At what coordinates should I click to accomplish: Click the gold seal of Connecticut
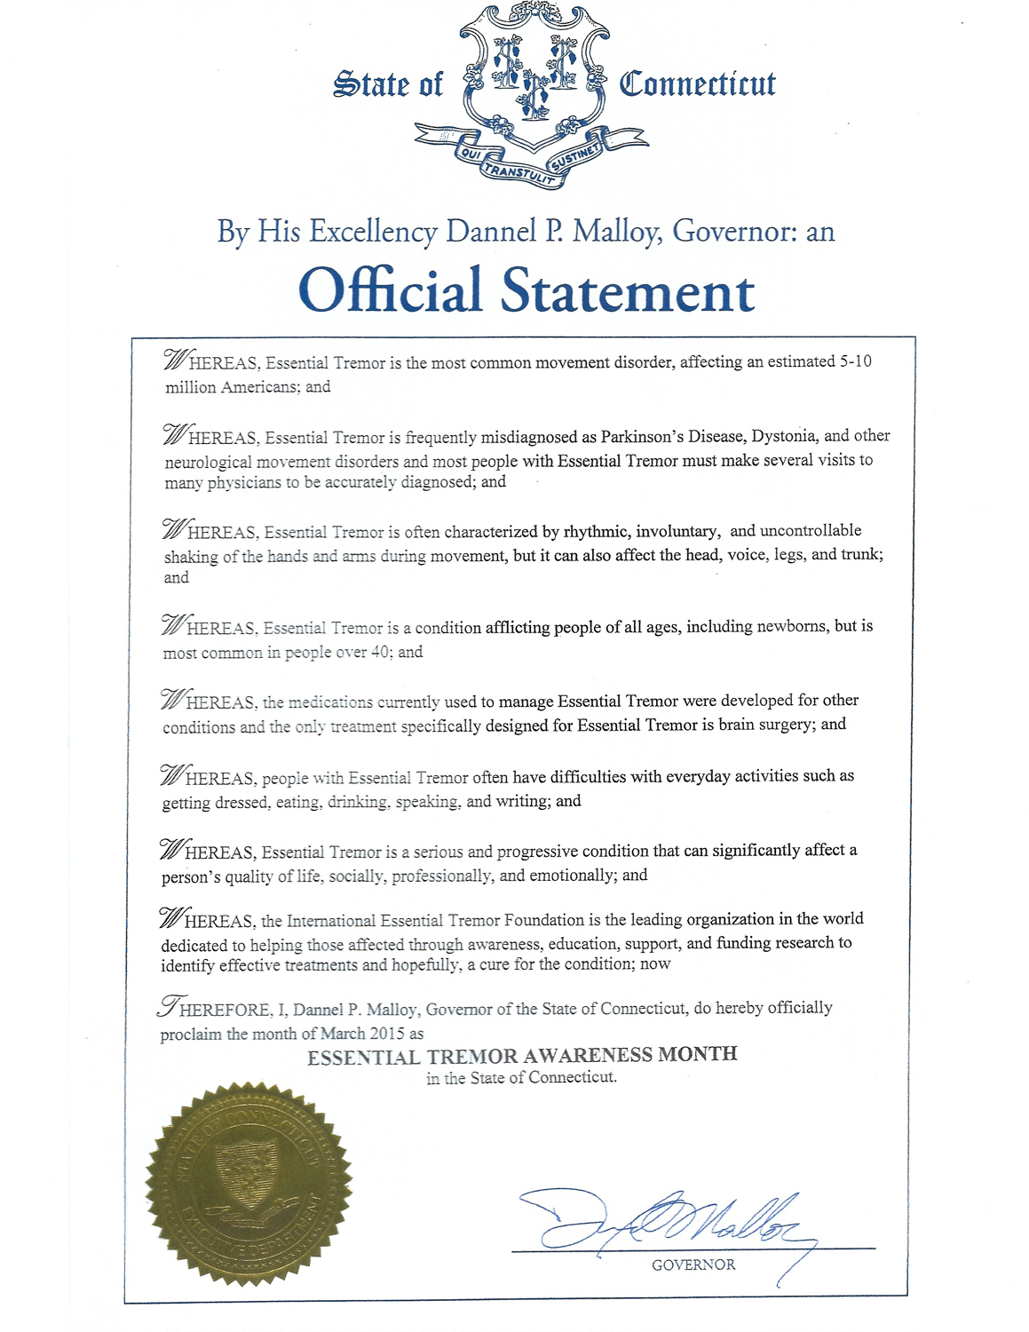(x=249, y=1183)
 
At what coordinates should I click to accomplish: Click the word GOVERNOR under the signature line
(x=693, y=1265)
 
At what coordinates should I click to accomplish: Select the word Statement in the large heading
(x=628, y=291)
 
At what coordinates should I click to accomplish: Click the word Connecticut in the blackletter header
(x=697, y=84)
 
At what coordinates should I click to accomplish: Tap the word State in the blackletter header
(x=370, y=84)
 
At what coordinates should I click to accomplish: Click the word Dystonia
(x=783, y=436)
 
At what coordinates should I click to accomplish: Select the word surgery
(x=784, y=725)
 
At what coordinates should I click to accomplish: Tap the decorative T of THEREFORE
(x=168, y=1006)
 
